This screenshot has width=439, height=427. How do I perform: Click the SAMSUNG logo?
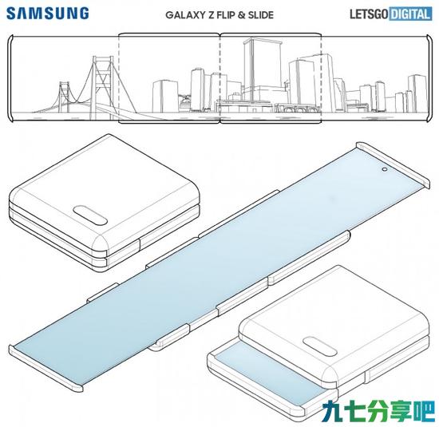point(48,14)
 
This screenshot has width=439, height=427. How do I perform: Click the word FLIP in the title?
point(226,15)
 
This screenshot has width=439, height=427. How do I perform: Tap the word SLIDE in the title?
point(261,15)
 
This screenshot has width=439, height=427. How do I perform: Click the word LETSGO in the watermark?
point(369,14)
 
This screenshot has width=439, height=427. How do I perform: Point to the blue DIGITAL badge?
point(410,14)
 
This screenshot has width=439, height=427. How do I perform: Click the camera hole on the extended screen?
point(384,169)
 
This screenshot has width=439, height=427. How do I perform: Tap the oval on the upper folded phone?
point(90,215)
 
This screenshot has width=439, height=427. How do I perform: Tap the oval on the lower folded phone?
point(319,346)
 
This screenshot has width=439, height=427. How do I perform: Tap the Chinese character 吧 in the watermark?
point(424,411)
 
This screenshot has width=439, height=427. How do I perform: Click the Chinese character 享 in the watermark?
point(401,411)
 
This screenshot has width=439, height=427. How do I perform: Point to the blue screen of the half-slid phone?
point(269,374)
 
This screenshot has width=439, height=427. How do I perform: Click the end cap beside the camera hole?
point(393,165)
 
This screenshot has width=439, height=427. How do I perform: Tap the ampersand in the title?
point(241,15)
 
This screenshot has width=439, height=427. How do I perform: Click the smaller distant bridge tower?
point(64,97)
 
